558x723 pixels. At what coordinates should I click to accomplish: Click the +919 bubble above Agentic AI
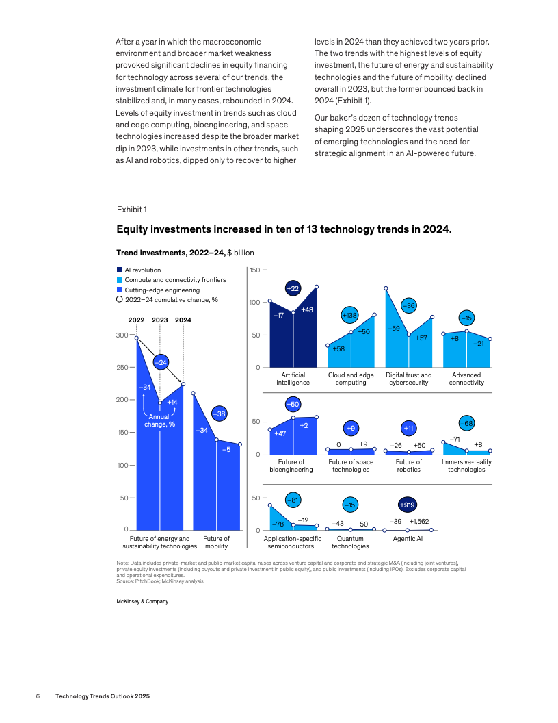pos(408,505)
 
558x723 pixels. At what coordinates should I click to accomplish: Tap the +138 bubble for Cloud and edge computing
pos(350,316)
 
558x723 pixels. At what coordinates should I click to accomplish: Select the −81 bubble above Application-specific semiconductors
pos(293,500)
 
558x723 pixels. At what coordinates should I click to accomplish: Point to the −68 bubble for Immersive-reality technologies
pos(467,423)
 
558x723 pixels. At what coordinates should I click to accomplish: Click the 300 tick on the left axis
pos(121,335)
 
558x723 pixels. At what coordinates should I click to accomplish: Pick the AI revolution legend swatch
pos(120,270)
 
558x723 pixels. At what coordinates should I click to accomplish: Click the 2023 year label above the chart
pos(159,320)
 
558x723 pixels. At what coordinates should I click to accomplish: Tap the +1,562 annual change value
pos(419,522)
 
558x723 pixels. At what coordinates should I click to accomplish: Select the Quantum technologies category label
pos(350,542)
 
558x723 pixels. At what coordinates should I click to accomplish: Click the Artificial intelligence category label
pos(293,379)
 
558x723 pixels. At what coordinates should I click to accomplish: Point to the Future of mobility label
pos(216,542)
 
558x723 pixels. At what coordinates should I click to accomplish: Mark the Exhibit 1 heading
pos(131,209)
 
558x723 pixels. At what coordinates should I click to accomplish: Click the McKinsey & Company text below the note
pos(142,602)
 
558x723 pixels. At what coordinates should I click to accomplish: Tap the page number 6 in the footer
pos(38,696)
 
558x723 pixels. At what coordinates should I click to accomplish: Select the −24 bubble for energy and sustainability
pos(160,361)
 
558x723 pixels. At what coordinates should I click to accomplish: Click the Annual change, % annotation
pos(159,420)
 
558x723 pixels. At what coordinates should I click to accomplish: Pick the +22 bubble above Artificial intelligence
pos(293,289)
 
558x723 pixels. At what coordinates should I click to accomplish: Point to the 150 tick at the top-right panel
pos(254,270)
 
